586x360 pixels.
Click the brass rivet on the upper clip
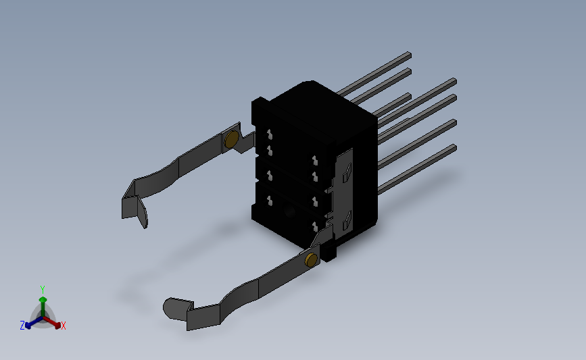(x=232, y=139)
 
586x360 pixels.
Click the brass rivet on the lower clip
(x=311, y=259)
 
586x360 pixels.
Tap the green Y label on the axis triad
(x=43, y=290)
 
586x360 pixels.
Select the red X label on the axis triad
(x=63, y=326)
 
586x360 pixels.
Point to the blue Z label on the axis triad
(x=22, y=326)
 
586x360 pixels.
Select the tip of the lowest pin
(x=454, y=148)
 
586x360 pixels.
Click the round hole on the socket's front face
(x=289, y=213)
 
